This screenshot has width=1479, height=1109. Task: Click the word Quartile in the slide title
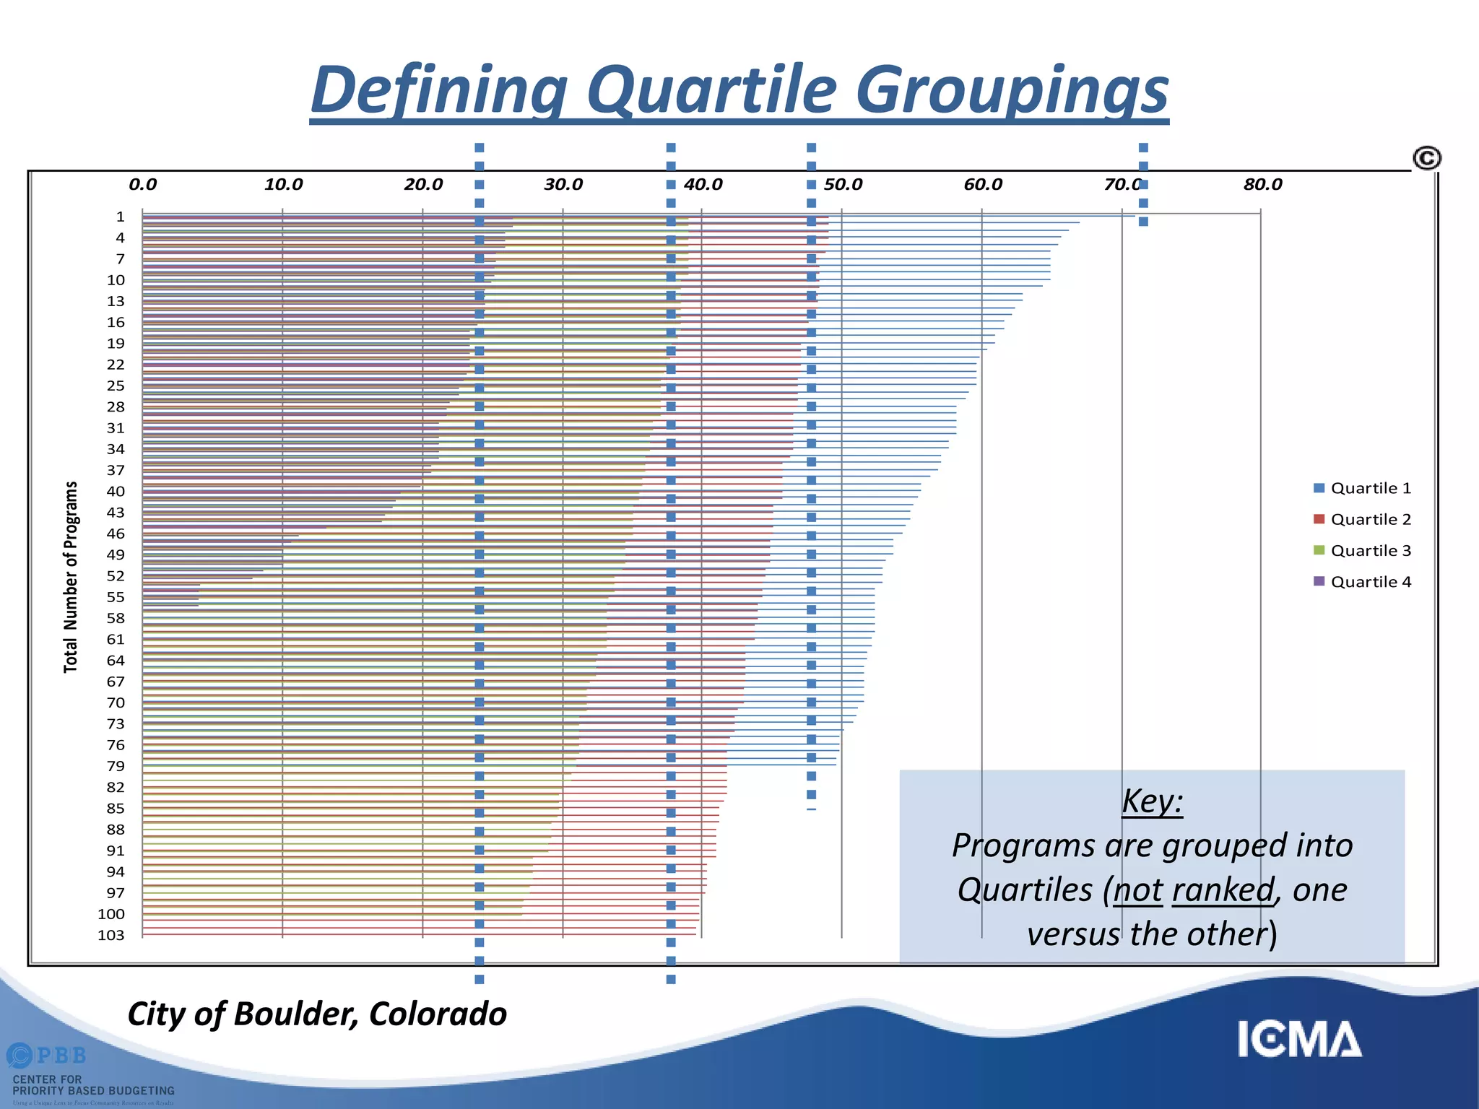click(711, 90)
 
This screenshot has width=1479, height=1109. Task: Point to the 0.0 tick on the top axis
click(142, 184)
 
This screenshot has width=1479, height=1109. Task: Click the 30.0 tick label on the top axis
click(563, 184)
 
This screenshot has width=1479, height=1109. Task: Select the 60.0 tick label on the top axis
click(982, 184)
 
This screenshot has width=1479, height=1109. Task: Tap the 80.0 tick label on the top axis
click(1262, 184)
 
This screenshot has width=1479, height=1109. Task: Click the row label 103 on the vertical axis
click(110, 935)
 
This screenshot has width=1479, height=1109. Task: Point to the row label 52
click(116, 575)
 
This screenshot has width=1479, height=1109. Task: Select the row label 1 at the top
click(120, 217)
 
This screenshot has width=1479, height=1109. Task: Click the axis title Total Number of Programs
click(70, 577)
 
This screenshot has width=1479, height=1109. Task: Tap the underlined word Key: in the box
click(1152, 801)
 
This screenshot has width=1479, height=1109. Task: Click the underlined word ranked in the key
click(1222, 890)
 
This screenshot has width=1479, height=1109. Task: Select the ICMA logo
click(1299, 1039)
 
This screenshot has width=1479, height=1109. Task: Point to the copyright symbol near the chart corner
click(1426, 157)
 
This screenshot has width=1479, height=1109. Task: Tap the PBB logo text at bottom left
click(61, 1056)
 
